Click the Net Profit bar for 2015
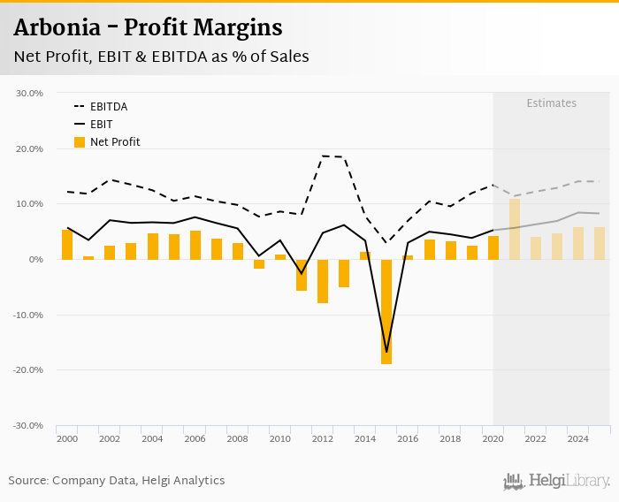pyautogui.click(x=386, y=311)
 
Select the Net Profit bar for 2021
pyautogui.click(x=515, y=229)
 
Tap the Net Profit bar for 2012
pyautogui.click(x=323, y=281)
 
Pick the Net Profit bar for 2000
pyautogui.click(x=67, y=245)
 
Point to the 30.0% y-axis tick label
pyautogui.click(x=30, y=93)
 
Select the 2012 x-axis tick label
pyautogui.click(x=322, y=438)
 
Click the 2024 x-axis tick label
pyautogui.click(x=577, y=438)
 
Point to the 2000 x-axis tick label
pyautogui.click(x=66, y=438)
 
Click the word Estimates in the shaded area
pyautogui.click(x=551, y=103)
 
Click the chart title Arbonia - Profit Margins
pyautogui.click(x=148, y=27)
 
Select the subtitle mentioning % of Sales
pyautogui.click(x=161, y=57)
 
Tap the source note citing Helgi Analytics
pyautogui.click(x=117, y=480)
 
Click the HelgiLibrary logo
pyautogui.click(x=556, y=481)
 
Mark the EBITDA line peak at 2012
pyautogui.click(x=323, y=156)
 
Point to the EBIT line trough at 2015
pyautogui.click(x=386, y=352)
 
